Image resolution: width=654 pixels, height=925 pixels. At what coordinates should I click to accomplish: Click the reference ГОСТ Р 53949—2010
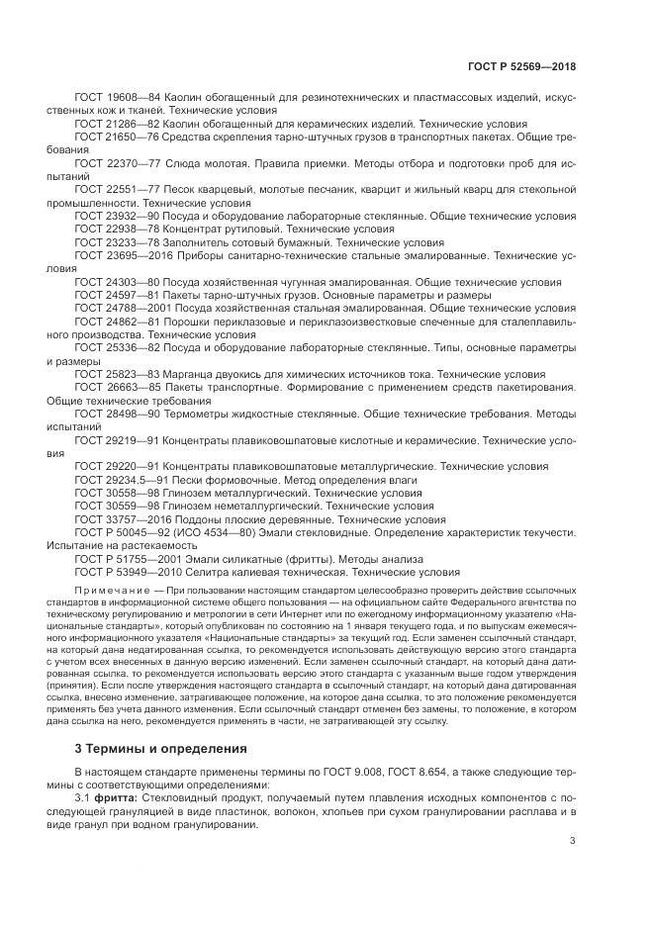124,571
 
